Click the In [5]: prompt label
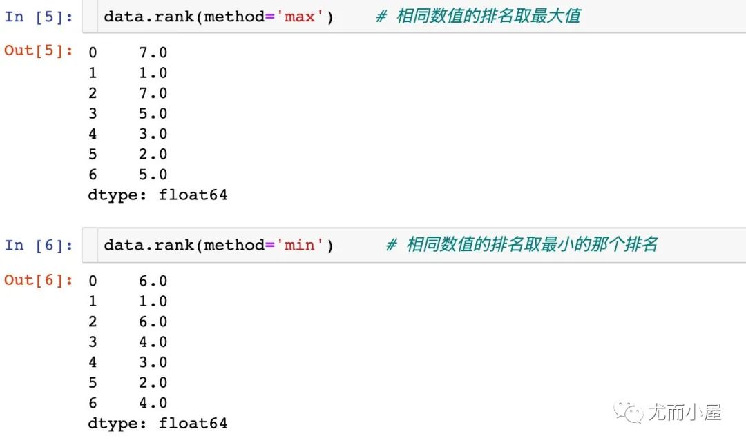click(39, 17)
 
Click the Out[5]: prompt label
click(39, 50)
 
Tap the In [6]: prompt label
click(39, 245)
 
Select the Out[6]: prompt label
click(39, 279)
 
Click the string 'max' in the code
click(300, 17)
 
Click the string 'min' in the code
click(300, 245)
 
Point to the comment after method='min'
click(522, 245)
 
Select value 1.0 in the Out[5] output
click(153, 72)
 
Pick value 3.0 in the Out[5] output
click(153, 134)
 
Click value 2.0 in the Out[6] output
click(153, 382)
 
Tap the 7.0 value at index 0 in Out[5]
click(153, 52)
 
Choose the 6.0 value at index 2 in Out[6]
click(153, 322)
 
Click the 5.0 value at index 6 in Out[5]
click(153, 175)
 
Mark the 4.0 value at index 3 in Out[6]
click(153, 342)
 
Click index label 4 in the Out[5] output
click(93, 134)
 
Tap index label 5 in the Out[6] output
click(93, 382)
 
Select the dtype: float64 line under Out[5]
click(157, 195)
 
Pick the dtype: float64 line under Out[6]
click(157, 423)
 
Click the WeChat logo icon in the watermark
click(630, 413)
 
